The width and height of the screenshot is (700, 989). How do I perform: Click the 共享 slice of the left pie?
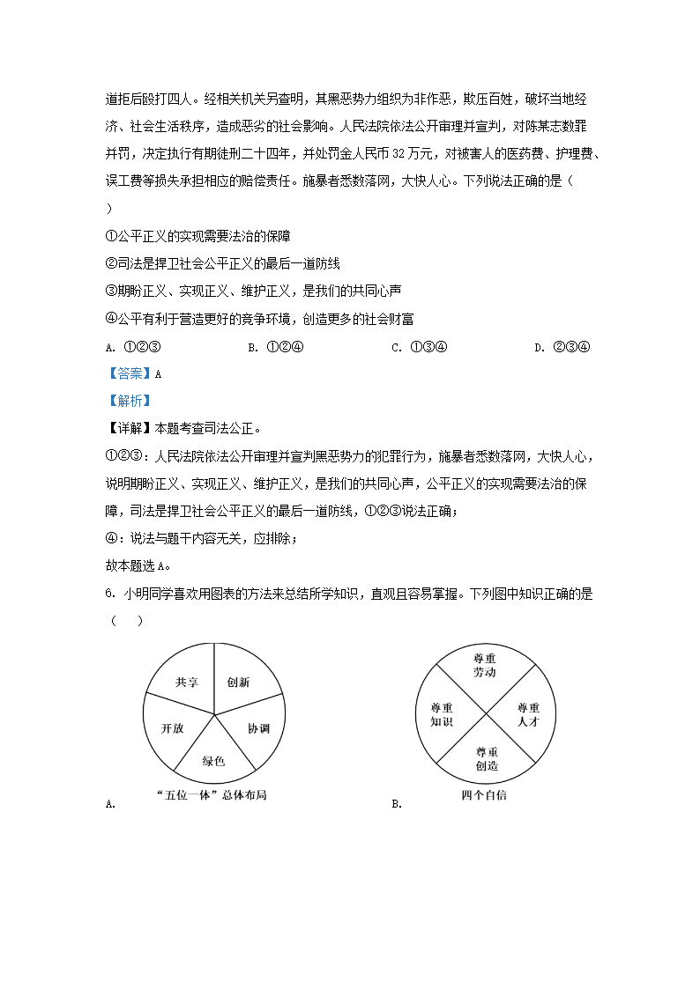[186, 682]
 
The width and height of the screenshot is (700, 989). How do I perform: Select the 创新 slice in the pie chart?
[238, 682]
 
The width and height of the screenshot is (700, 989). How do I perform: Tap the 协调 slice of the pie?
[257, 728]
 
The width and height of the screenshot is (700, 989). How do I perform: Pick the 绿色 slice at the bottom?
[214, 760]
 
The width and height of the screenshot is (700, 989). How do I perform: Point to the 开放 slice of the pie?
[172, 728]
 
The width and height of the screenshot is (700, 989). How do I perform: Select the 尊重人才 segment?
[528, 714]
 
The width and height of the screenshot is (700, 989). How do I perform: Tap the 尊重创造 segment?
[487, 758]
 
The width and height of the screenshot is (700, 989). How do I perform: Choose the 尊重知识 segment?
[442, 714]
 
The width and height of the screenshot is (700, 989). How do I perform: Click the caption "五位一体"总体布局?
[210, 794]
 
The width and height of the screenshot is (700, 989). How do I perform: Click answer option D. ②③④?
[562, 346]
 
